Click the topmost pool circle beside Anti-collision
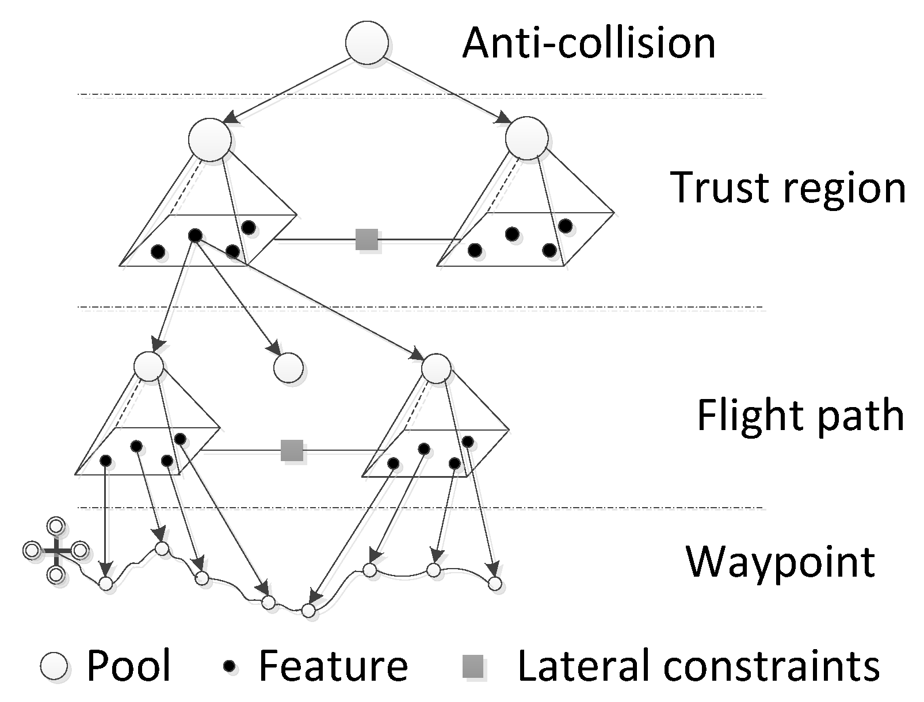coord(366,43)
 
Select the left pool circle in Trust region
coord(209,139)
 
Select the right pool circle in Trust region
coord(526,138)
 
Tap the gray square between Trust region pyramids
coord(366,239)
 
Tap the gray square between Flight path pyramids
coord(292,451)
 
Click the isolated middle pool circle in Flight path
coord(288,367)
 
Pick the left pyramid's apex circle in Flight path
coord(148,366)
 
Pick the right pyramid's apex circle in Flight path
coord(436,368)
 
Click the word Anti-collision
coord(589,43)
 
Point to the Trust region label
coord(787,188)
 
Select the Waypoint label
coord(781,563)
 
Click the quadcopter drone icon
coord(56,550)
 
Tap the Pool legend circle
coord(54,666)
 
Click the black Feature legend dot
coord(230,666)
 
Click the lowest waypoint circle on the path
coord(308,611)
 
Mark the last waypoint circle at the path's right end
coord(495,584)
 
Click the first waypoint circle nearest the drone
coord(106,584)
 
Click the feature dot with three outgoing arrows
coord(195,236)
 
